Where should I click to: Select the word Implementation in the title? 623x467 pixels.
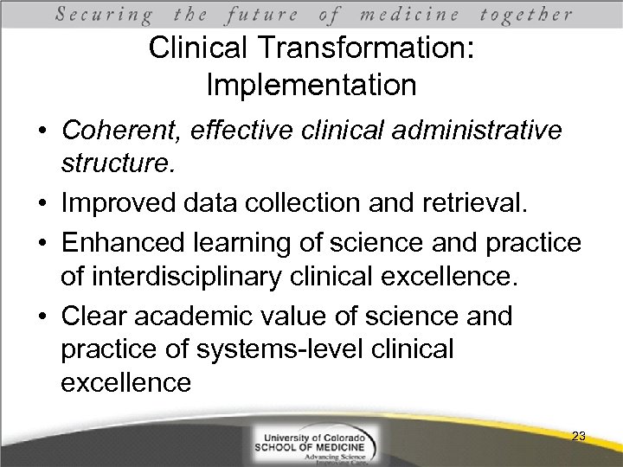[x=311, y=86]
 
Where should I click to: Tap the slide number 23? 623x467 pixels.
[x=579, y=437]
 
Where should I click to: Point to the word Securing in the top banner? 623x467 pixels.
[x=105, y=15]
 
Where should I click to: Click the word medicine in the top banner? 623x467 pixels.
[x=409, y=15]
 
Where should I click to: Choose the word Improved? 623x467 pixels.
[x=120, y=204]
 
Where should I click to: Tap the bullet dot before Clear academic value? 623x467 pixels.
[x=41, y=317]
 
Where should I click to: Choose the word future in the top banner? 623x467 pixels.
[x=261, y=15]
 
